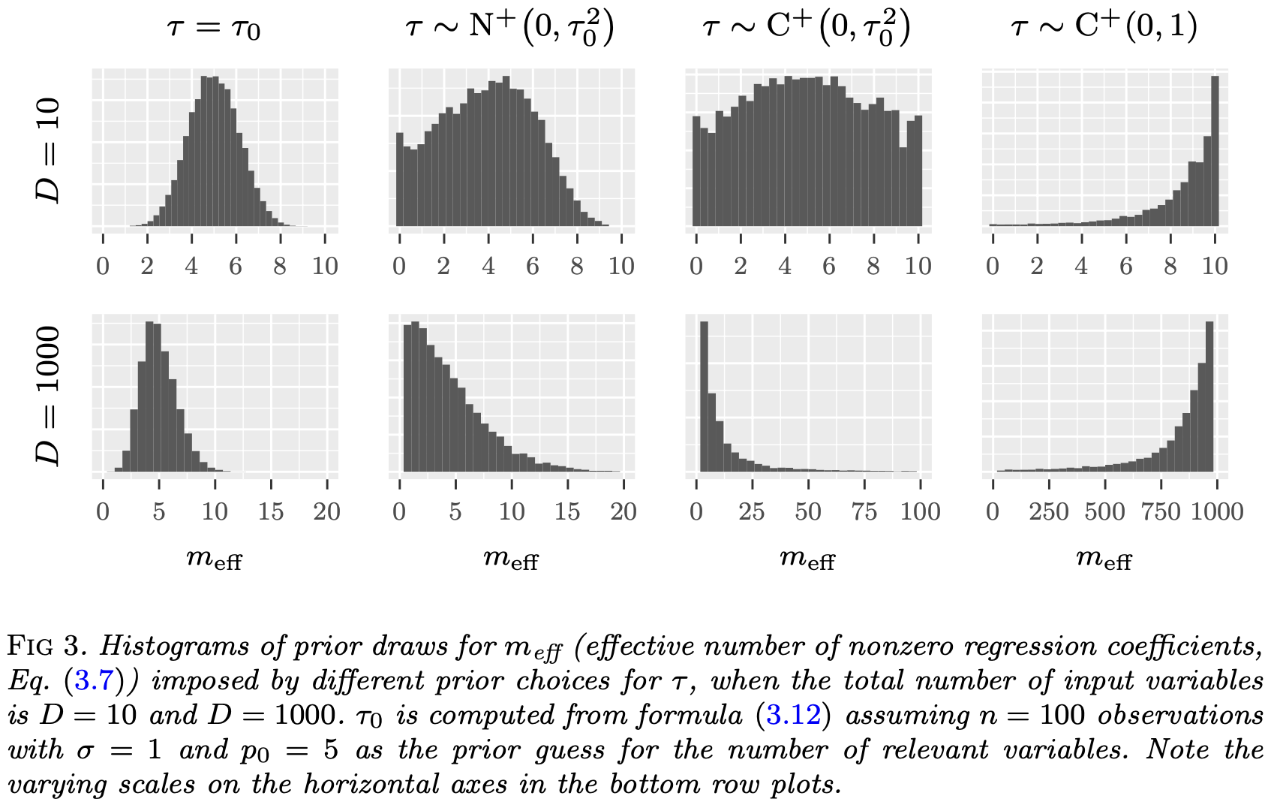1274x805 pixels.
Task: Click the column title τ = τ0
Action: [x=214, y=28]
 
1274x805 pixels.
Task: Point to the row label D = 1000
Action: [x=48, y=396]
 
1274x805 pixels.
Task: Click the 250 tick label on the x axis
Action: [x=1048, y=512]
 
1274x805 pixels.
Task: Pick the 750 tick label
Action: [x=1161, y=512]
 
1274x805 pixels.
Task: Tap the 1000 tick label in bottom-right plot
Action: [x=1217, y=512]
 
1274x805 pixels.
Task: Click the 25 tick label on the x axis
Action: [x=751, y=512]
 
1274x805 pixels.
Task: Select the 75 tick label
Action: [x=864, y=512]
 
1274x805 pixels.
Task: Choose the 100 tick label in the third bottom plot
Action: [x=920, y=512]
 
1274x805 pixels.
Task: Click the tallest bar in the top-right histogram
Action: [x=1215, y=150]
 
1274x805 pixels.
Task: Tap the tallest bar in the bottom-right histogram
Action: [x=1209, y=396]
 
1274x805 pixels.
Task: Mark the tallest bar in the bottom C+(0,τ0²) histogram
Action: [x=704, y=396]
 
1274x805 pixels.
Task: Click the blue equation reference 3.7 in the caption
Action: [x=93, y=681]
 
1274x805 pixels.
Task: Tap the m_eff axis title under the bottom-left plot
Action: [x=214, y=559]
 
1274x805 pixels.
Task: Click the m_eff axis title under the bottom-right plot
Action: [x=1103, y=559]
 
